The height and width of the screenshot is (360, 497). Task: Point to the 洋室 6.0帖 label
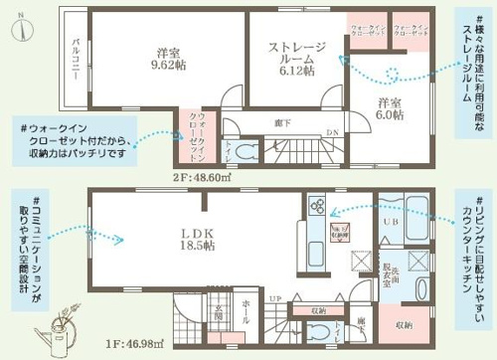tap(391, 107)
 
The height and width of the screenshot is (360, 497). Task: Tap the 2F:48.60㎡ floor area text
tap(203, 177)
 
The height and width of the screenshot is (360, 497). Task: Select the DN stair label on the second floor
tap(334, 132)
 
